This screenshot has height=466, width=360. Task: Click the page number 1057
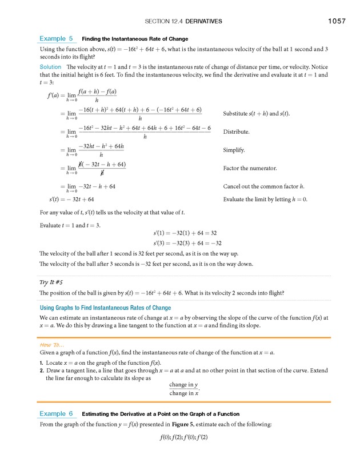(x=337, y=21)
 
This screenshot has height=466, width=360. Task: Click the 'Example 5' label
(x=56, y=38)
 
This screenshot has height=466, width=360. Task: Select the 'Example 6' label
(x=56, y=413)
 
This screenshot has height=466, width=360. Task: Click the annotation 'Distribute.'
(x=236, y=132)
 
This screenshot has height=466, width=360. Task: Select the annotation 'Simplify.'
(x=234, y=150)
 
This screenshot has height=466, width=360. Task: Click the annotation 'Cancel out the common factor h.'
(x=263, y=186)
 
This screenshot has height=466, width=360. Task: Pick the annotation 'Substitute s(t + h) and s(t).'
(x=256, y=113)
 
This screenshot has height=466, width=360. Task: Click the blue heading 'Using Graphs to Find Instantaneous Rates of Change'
(x=105, y=308)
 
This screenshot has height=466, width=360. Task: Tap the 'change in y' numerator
(x=183, y=385)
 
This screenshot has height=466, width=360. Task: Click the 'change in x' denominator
(x=183, y=393)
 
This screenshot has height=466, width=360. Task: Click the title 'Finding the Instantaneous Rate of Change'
(x=135, y=39)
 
